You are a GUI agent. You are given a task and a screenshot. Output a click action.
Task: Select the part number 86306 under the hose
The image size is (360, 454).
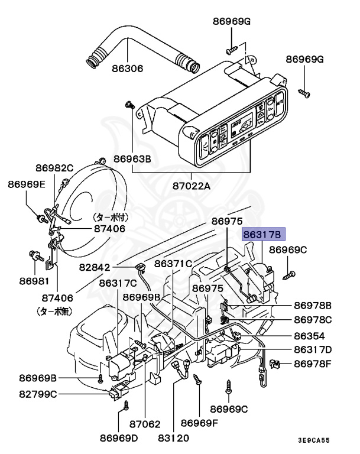pyautogui.click(x=127, y=68)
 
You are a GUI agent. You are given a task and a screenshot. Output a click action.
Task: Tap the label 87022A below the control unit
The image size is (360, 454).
pyautogui.click(x=192, y=186)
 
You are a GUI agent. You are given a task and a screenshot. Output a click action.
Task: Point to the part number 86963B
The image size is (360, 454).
pyautogui.click(x=132, y=159)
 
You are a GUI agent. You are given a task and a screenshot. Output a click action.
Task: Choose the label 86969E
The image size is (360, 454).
pyautogui.click(x=26, y=184)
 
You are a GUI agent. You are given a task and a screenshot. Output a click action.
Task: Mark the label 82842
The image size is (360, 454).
pyautogui.click(x=93, y=268)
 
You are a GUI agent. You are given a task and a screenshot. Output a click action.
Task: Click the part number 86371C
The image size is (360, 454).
pyautogui.click(x=174, y=264)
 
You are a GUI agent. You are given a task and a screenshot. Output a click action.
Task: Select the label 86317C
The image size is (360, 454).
pyautogui.click(x=118, y=283)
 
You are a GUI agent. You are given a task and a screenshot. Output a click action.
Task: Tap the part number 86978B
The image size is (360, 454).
pyautogui.click(x=313, y=306)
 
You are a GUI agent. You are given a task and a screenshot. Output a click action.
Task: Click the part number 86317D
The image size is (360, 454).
pyautogui.click(x=313, y=349)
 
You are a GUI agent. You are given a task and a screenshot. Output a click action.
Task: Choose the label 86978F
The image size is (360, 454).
pyautogui.click(x=313, y=365)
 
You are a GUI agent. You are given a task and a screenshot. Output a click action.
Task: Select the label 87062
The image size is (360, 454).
pyautogui.click(x=145, y=423)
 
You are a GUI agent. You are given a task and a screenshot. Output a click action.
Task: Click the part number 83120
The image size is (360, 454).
pyautogui.click(x=173, y=437)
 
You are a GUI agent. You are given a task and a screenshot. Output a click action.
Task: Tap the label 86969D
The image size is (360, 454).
pyautogui.click(x=118, y=437)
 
